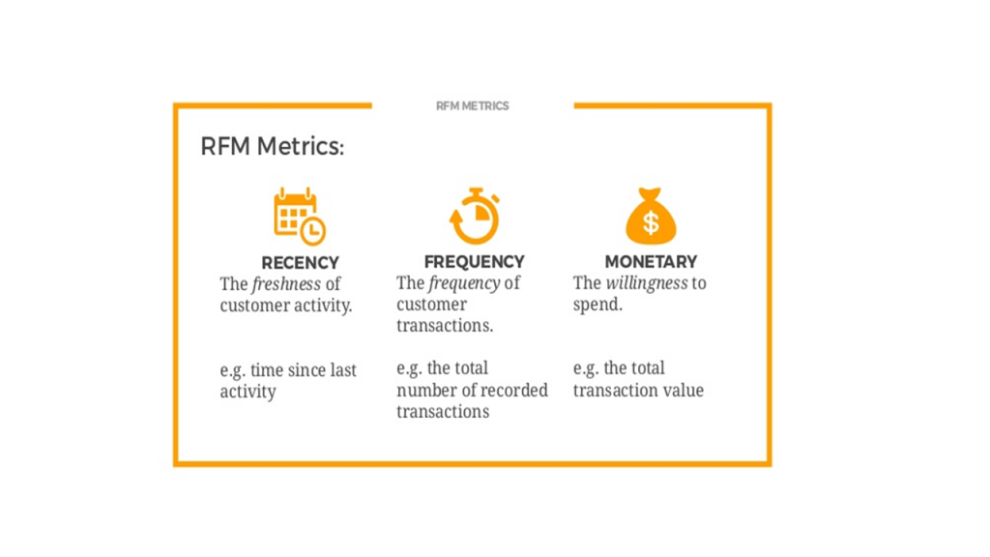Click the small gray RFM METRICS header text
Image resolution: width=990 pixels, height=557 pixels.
472,106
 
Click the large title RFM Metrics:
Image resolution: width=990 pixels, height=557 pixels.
272,147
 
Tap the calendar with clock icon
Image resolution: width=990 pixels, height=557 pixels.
300,216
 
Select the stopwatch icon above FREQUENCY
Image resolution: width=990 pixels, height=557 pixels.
474,216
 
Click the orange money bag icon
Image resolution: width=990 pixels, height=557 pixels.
651,216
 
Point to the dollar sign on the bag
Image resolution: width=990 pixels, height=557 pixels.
651,222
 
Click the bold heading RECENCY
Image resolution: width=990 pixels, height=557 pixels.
300,263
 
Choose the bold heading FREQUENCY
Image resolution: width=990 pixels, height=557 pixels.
474,262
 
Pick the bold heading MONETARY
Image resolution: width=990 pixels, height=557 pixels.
651,262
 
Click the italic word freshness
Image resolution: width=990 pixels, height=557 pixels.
286,285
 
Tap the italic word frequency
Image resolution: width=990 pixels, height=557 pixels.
464,283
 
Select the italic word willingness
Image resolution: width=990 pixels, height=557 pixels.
647,283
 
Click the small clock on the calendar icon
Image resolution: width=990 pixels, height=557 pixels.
312,231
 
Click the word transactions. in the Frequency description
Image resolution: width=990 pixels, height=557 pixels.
445,326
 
